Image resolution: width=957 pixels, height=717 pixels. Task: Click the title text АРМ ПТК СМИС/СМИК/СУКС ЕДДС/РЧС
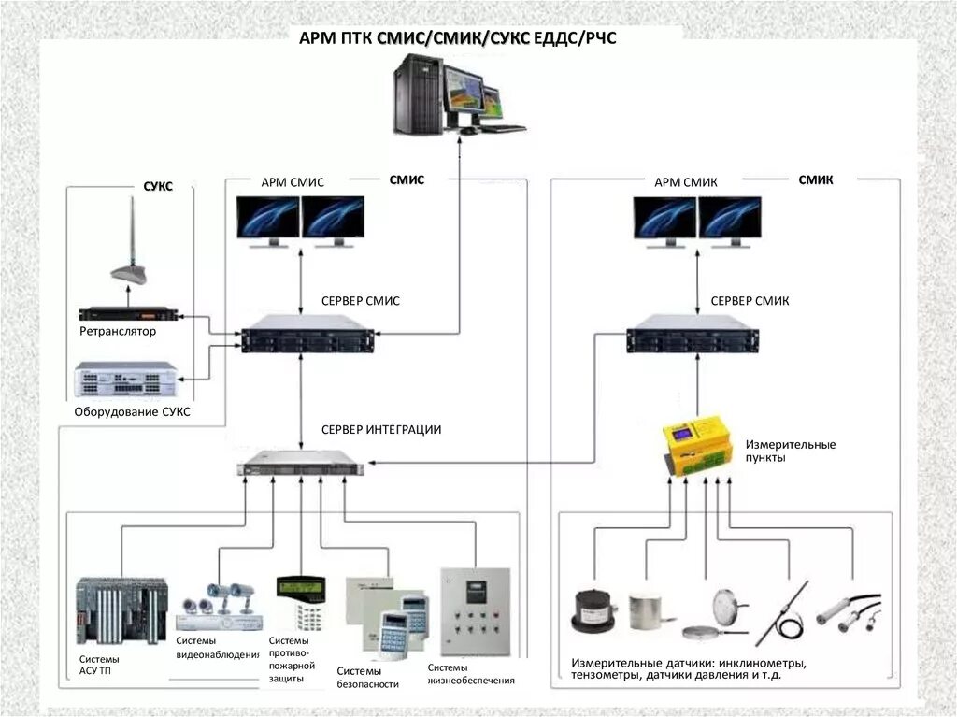coord(458,38)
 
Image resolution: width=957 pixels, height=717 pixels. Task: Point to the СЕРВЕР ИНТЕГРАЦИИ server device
coord(298,464)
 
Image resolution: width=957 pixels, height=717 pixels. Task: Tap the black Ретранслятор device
coord(127,315)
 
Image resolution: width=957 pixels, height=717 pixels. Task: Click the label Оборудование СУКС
coord(131,411)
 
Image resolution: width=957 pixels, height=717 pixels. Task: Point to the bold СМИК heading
coord(816,179)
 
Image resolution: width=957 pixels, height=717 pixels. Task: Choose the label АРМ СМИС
coord(293,182)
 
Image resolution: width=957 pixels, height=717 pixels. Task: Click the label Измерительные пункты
coord(790,452)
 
